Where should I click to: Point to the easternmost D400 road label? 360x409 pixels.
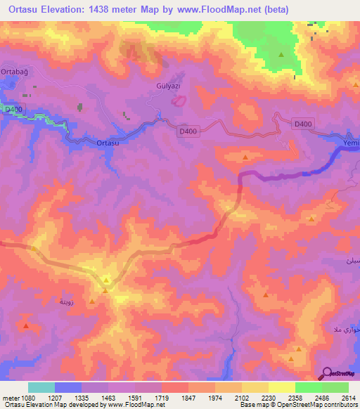(302, 124)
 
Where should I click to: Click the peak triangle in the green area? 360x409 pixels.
(281, 54)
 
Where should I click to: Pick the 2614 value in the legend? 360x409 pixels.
(348, 397)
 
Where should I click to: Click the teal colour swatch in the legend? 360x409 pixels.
(41, 387)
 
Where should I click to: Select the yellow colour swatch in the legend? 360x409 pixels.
(281, 387)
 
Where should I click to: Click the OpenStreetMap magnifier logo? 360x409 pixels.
(328, 374)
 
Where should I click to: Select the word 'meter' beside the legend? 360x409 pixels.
(11, 397)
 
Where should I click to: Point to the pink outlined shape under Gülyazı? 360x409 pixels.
(180, 100)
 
